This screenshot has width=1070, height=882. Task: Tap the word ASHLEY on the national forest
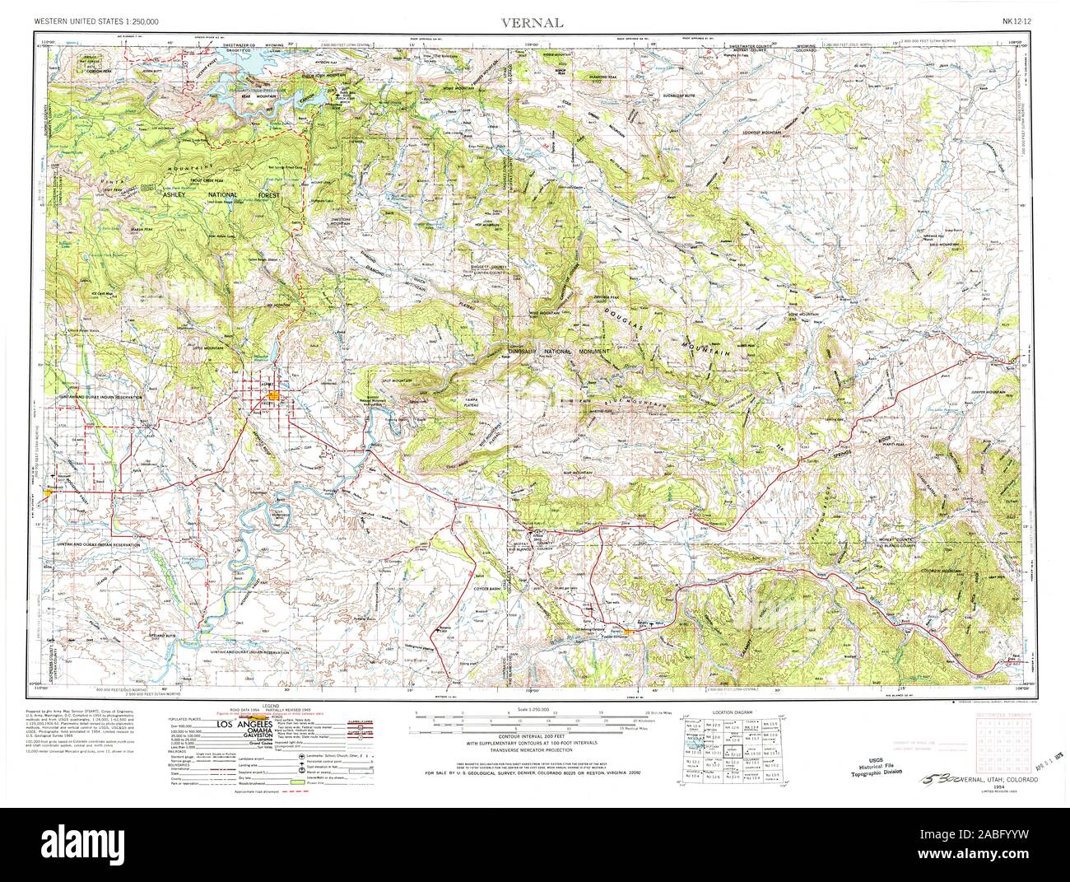[175, 196]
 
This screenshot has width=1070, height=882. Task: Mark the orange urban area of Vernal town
[273, 396]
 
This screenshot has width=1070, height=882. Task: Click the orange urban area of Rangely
[630, 631]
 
